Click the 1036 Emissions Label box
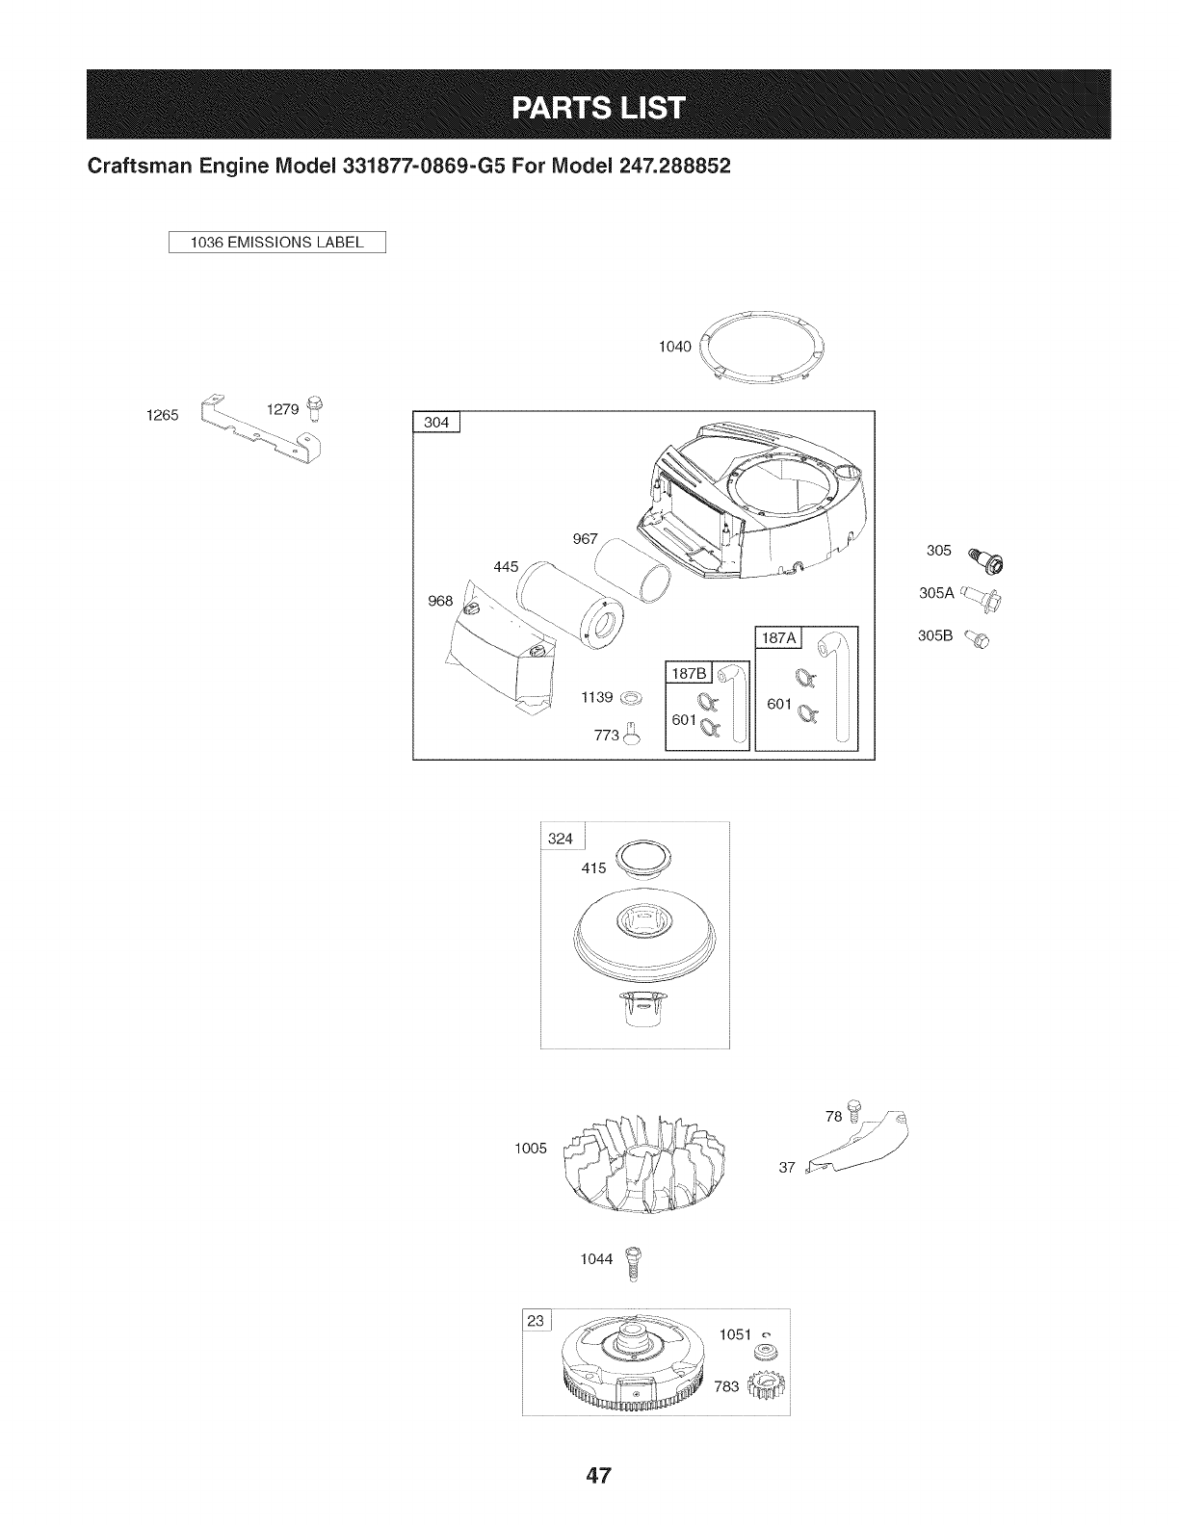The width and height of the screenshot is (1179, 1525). pyautogui.click(x=276, y=243)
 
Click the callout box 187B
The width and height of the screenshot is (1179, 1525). pyautogui.click(x=687, y=673)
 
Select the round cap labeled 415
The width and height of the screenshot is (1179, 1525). pyautogui.click(x=641, y=857)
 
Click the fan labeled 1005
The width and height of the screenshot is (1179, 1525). pyautogui.click(x=644, y=1163)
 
